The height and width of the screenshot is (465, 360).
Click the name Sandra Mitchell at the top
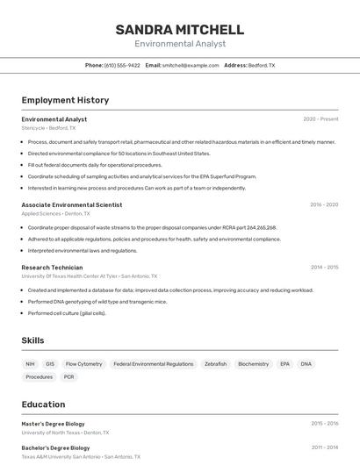click(179, 30)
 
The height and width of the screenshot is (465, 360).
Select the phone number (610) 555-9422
click(122, 65)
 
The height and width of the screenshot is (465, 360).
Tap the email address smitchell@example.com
click(191, 65)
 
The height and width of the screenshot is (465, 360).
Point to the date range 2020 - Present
click(320, 119)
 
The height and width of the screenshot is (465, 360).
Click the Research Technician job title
click(52, 268)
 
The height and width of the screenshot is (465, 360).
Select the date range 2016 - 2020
click(324, 204)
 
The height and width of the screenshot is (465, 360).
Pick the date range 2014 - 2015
click(324, 268)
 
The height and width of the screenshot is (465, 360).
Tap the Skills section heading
click(33, 340)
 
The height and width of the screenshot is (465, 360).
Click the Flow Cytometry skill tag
click(84, 363)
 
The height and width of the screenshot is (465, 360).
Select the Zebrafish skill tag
click(215, 363)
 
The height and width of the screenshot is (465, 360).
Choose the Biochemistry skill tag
click(254, 363)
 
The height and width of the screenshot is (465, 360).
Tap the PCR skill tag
click(69, 377)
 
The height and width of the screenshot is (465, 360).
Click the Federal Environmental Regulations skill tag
click(154, 363)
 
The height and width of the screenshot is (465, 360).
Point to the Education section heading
click(43, 404)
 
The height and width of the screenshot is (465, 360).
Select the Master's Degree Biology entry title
click(54, 424)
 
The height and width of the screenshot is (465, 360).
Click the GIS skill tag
click(50, 363)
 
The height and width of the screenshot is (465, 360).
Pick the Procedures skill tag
click(40, 377)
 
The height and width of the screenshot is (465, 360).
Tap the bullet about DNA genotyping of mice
click(97, 301)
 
